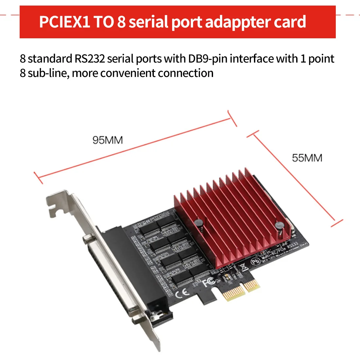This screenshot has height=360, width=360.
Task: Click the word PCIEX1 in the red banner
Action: click(64, 22)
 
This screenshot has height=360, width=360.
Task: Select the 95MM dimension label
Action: click(108, 140)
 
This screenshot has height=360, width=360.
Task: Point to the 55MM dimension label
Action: click(307, 158)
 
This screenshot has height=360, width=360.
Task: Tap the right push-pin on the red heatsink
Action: click(279, 226)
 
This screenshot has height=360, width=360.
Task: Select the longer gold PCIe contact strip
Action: click(233, 293)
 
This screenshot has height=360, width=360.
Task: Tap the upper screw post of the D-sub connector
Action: click(87, 241)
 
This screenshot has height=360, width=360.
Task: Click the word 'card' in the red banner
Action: click(290, 22)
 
